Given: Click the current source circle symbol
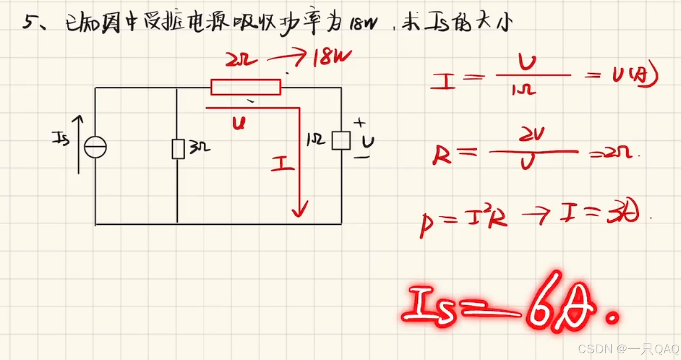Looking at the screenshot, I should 95,147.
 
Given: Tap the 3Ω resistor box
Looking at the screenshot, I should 178,149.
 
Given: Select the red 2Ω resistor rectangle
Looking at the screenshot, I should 246,87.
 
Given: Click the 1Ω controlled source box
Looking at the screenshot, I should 341,140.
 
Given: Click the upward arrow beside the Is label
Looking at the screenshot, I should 79,144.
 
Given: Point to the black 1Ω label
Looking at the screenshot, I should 317,141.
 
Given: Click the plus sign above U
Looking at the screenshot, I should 361,122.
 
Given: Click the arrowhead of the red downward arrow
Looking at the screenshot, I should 299,211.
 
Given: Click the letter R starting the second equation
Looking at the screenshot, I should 441,155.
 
